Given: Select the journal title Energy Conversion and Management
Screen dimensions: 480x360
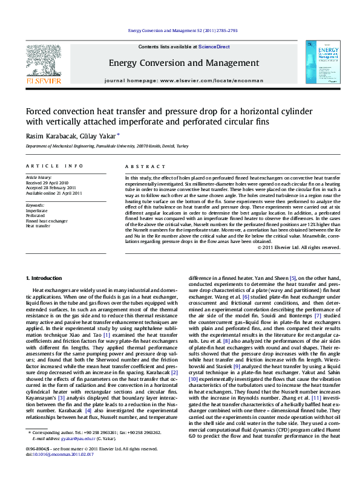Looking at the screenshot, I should (180, 62).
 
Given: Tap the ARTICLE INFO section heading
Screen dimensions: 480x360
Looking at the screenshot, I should (54, 166).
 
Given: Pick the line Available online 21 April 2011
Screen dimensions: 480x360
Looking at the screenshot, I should (54, 193).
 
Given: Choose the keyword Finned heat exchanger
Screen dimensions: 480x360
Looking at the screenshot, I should (47, 221).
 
